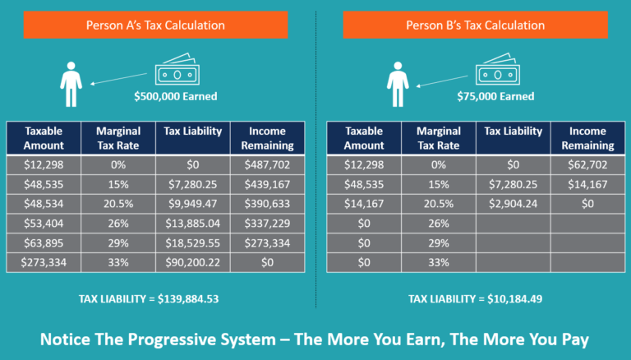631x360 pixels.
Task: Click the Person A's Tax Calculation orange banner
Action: (155, 25)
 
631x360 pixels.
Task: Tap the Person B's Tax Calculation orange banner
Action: (476, 25)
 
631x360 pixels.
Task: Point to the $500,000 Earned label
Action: (175, 96)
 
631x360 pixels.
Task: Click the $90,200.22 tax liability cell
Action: (192, 262)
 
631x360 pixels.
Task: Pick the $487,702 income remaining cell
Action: (266, 164)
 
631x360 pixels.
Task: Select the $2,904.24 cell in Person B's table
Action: (513, 203)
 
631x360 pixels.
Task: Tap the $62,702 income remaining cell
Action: (587, 164)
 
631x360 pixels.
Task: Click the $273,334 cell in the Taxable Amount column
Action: (43, 262)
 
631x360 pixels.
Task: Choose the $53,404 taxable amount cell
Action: (43, 223)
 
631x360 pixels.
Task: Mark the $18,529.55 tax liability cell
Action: (192, 242)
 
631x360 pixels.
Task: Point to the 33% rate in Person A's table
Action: (118, 262)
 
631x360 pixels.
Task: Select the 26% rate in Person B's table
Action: (439, 223)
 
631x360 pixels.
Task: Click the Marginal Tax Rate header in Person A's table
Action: (118, 138)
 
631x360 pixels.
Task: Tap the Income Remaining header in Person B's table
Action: (587, 138)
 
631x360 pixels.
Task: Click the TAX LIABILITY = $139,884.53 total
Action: (155, 298)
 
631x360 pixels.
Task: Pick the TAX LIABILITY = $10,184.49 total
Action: (476, 298)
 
